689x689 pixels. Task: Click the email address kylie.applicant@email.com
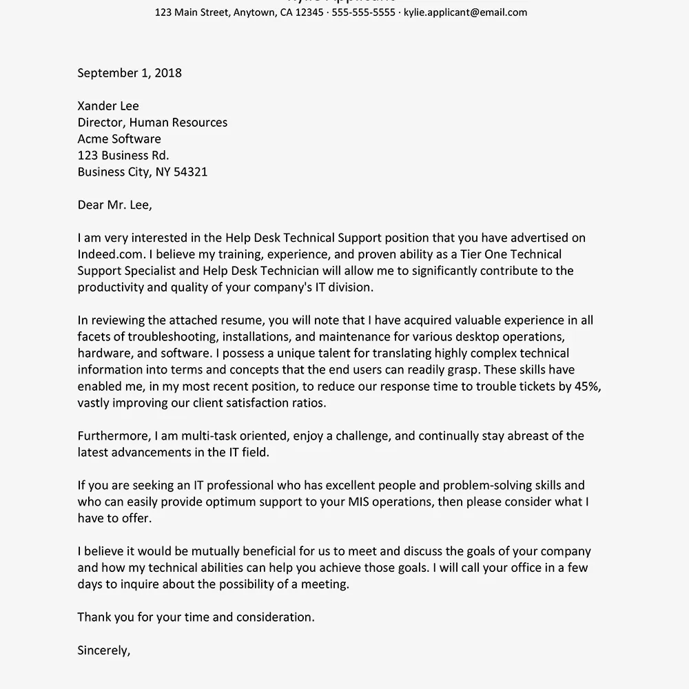tap(465, 12)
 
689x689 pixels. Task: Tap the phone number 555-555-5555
tap(364, 12)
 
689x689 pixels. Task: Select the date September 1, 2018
tap(130, 73)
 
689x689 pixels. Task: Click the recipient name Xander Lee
tap(108, 106)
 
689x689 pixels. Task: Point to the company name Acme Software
tap(119, 139)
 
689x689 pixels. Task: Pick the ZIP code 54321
tap(191, 172)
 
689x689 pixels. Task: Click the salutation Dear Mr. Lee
tap(114, 205)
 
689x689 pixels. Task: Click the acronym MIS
tap(371, 502)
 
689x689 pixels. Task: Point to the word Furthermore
tap(113, 436)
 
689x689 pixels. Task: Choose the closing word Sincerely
tap(103, 650)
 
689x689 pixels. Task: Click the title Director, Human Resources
tap(152, 123)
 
